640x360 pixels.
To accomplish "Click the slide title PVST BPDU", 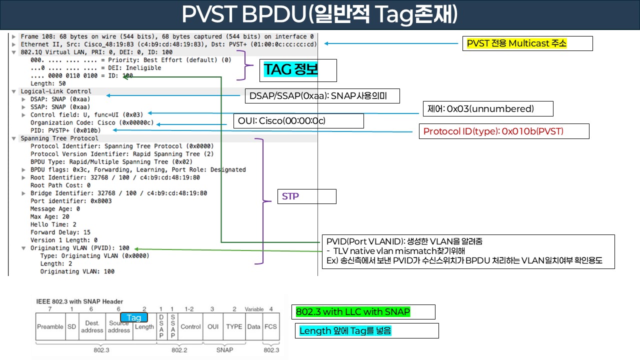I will [319, 15].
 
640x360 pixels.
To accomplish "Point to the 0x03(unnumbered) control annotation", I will [480, 108].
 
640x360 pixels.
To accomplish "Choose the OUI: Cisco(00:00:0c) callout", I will [297, 121].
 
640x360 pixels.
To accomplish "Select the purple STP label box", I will [290, 196].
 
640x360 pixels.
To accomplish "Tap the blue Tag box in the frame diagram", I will [134, 317].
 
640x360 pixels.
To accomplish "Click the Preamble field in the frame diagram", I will [50, 326].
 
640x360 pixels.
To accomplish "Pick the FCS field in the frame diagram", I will [271, 326].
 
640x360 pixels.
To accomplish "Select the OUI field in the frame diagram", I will [213, 326].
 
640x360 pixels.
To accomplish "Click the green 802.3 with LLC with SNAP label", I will [353, 312].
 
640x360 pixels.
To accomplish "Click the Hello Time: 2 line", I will [53, 224].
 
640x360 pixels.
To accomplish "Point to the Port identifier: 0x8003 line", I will [71, 201].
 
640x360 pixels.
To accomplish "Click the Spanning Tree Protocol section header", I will [59, 138].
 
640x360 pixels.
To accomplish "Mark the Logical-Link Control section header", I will [55, 91].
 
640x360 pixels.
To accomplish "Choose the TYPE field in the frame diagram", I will [234, 326].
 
